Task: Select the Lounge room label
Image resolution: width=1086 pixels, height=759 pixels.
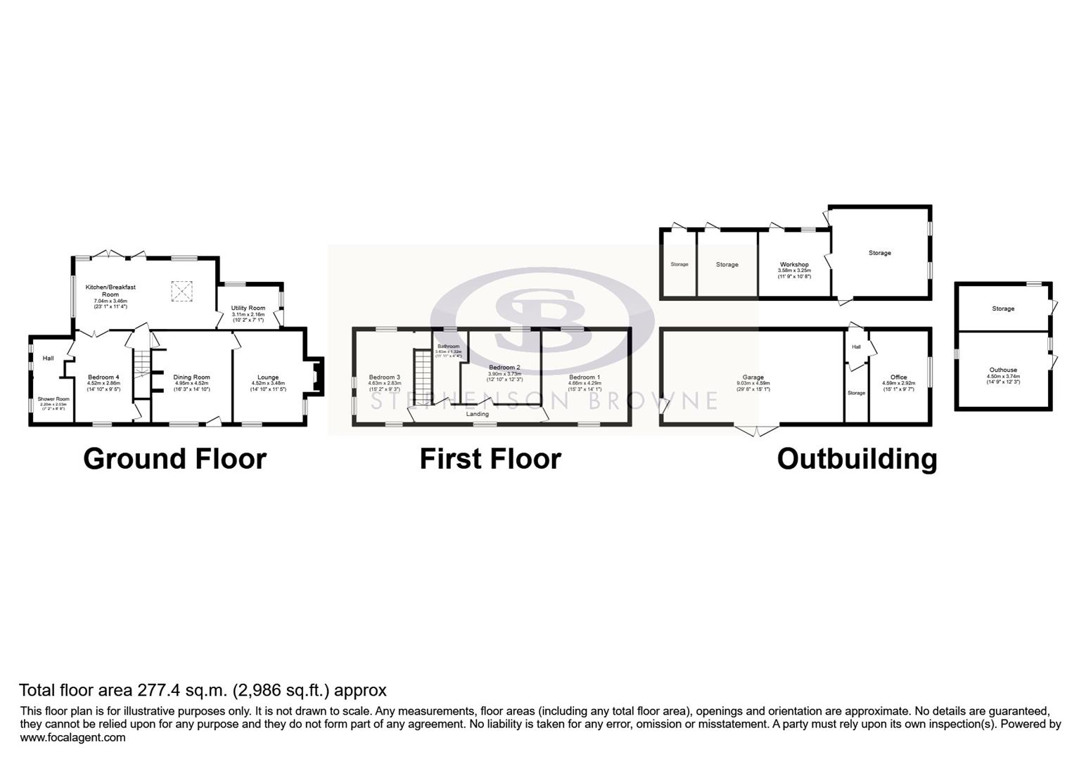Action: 268,377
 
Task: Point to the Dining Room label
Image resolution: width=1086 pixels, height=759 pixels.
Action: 191,377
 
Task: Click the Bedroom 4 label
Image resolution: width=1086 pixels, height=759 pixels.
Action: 103,377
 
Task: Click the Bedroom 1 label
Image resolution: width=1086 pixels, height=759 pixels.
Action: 584,377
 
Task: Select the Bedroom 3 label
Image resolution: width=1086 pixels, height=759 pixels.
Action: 384,377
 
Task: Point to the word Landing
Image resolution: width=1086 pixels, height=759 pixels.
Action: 478,415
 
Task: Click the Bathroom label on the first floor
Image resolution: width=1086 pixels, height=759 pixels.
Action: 448,346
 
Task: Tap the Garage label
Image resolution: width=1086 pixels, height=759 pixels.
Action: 753,377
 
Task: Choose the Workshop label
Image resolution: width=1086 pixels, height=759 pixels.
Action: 794,264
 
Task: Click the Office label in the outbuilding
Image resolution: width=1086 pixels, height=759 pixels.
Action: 898,377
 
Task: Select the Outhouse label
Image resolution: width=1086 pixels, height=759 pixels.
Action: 1003,370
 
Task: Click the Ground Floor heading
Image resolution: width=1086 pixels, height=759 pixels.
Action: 174,459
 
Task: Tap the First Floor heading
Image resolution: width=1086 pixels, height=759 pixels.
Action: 490,459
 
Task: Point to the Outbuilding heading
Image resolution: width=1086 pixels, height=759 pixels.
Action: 857,459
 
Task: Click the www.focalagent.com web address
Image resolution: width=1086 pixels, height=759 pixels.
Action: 72,737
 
